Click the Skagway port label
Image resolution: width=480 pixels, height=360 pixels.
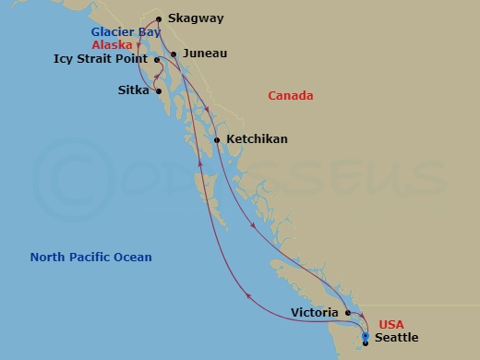point(196,18)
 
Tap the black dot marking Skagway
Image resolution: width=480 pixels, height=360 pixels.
point(160,18)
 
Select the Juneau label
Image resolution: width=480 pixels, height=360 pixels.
point(205,54)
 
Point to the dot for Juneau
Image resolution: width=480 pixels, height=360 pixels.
point(174,54)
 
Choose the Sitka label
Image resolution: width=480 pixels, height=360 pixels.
point(134,90)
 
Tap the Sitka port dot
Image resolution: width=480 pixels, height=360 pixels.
point(160,90)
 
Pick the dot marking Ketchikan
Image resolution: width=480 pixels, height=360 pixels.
point(217,140)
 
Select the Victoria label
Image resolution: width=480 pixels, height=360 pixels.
point(313,313)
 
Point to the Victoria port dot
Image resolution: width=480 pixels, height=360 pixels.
point(348,313)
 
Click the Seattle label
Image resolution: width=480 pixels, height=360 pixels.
point(397,338)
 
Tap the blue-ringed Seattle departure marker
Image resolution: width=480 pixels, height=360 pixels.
point(366,337)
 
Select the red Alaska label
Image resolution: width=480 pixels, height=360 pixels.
point(112,44)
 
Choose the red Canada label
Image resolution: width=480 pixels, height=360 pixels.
point(290,96)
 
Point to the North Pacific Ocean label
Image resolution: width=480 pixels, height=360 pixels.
point(90,258)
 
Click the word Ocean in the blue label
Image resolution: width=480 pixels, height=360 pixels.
point(133,258)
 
